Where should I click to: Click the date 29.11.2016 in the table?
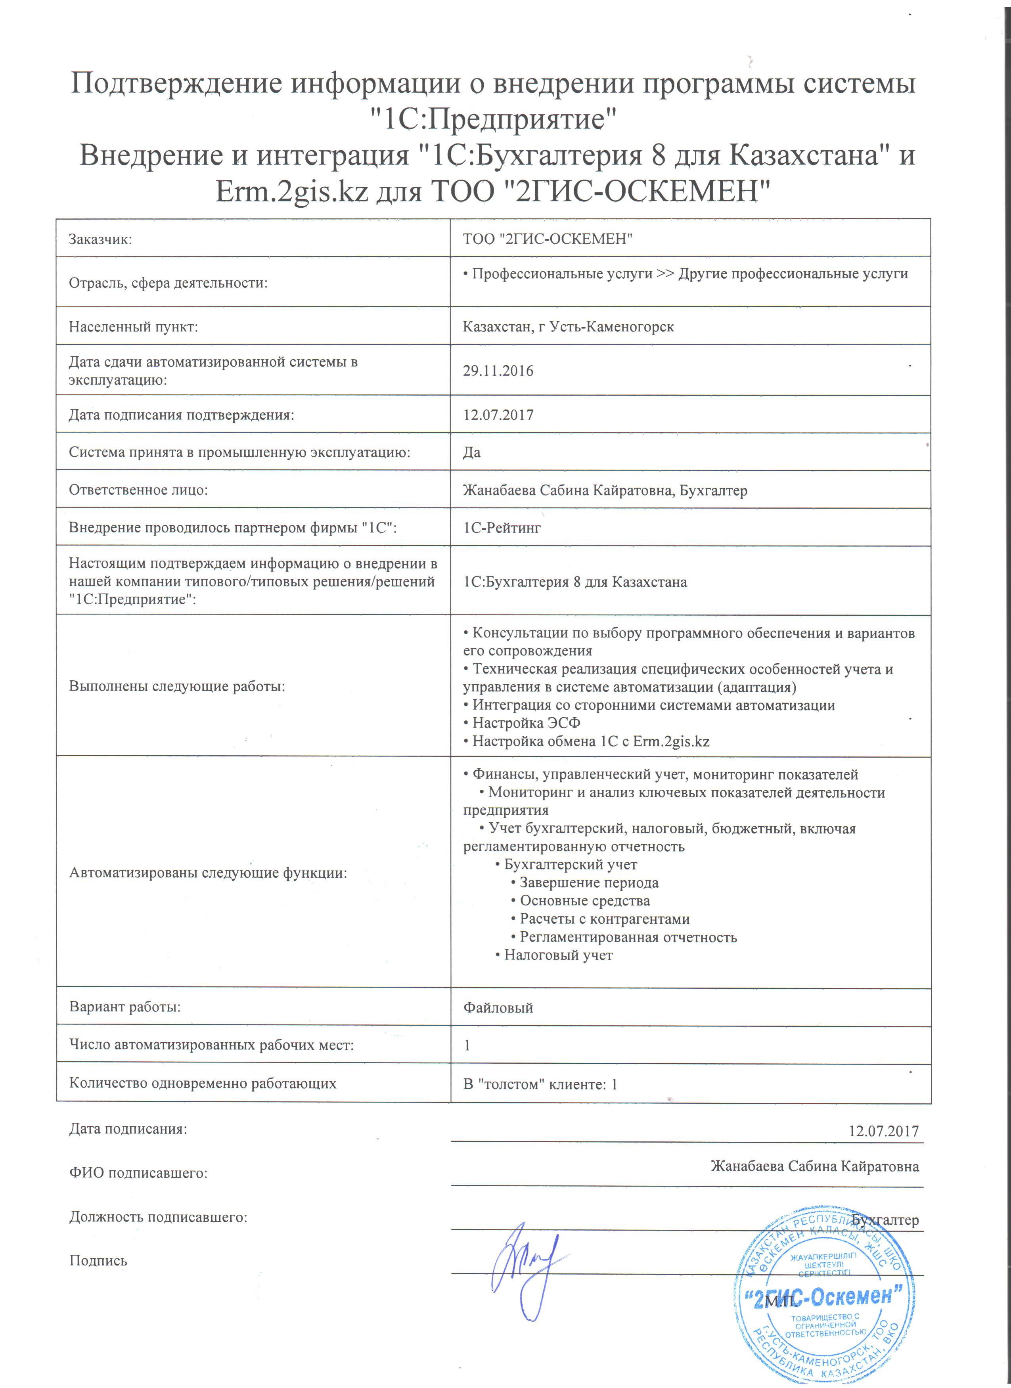[x=498, y=371]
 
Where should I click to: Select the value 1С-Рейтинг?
[x=502, y=528]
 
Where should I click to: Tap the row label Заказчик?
[x=100, y=239]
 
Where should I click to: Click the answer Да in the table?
[x=472, y=452]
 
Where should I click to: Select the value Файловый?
[x=498, y=1008]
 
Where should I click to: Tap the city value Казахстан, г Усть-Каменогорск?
[x=568, y=327]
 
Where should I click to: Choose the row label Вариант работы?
[x=125, y=1007]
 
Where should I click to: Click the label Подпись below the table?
[x=98, y=1261]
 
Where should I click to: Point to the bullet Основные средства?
[x=584, y=901]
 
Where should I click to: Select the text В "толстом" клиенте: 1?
[x=540, y=1084]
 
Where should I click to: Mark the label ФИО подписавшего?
[x=138, y=1173]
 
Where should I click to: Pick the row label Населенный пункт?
[x=134, y=327]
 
